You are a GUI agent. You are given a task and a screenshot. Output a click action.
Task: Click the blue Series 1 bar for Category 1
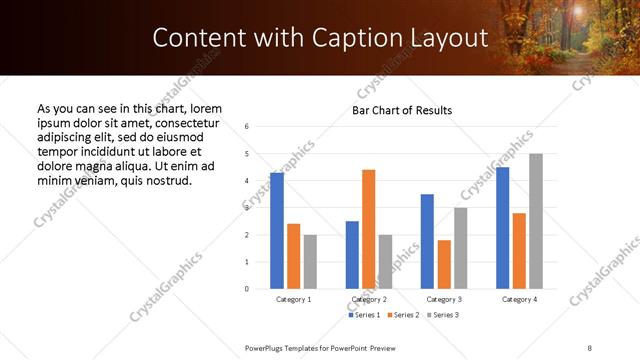[277, 231]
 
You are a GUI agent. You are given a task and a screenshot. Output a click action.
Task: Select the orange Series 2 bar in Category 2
[368, 229]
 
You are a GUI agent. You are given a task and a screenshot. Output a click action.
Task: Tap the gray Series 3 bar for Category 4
[536, 221]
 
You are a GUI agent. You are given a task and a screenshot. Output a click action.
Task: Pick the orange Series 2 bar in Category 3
[444, 264]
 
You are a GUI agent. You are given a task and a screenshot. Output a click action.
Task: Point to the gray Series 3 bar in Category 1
[310, 262]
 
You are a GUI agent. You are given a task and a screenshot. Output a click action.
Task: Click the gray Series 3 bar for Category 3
[460, 248]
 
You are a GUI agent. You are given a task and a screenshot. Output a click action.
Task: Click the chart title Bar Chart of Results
[402, 110]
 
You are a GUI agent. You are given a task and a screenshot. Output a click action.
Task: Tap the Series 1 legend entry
[365, 315]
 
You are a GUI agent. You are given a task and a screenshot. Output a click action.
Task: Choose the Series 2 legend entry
[403, 315]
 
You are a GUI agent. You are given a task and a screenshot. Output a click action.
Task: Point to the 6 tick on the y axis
[246, 126]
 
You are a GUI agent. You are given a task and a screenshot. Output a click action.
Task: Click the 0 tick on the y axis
[246, 289]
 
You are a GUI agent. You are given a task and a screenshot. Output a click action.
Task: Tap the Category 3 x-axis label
[444, 299]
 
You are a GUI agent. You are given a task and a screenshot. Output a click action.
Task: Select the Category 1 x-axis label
[293, 299]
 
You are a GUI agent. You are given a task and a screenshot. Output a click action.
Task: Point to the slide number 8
[589, 347]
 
